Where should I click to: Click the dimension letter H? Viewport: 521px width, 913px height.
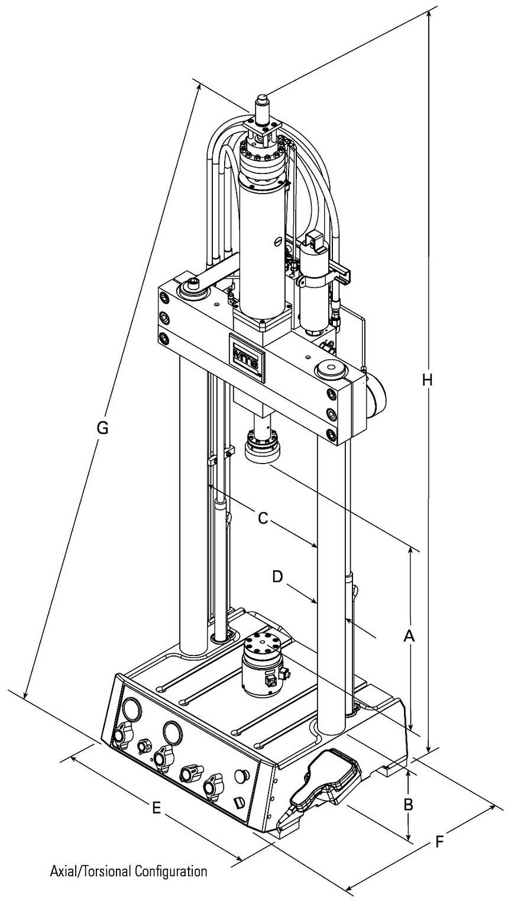click(427, 380)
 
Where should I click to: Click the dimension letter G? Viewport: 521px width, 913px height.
click(102, 427)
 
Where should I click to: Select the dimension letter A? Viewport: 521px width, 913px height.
click(409, 636)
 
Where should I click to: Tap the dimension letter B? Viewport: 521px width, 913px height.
click(408, 805)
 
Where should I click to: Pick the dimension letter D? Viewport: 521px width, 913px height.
click(277, 576)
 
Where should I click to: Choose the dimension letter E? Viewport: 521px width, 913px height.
click(156, 808)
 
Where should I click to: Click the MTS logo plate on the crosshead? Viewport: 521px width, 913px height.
click(247, 357)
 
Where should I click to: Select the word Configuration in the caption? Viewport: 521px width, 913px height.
click(171, 871)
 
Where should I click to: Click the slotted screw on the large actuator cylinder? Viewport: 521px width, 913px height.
click(275, 242)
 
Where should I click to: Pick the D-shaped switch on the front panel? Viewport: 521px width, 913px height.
click(238, 802)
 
